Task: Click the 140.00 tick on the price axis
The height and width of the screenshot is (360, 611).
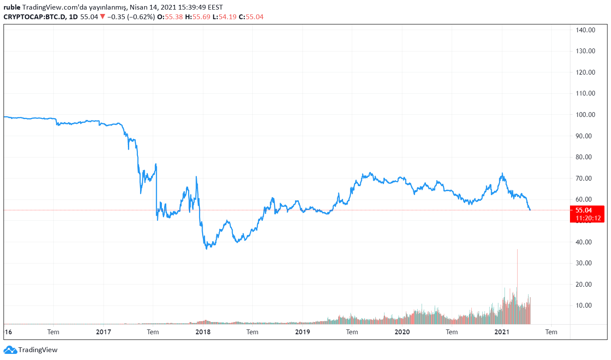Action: coord(585,30)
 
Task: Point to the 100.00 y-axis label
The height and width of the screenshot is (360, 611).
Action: coord(585,115)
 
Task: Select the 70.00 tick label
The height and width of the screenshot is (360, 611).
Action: coord(585,178)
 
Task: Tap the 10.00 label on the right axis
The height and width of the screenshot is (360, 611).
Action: coord(585,305)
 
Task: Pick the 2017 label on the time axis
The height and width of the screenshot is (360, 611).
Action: coord(103,332)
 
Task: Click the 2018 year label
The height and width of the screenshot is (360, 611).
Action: coord(203,332)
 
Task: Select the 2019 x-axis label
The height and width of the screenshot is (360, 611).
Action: coord(302,332)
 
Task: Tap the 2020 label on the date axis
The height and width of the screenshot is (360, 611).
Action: coord(402,332)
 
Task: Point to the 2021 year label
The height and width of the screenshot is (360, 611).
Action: coord(502,332)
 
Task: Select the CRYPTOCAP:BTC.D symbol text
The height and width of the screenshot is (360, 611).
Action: coord(34,17)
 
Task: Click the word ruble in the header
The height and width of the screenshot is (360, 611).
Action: coord(12,7)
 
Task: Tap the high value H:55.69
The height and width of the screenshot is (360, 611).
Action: coord(198,17)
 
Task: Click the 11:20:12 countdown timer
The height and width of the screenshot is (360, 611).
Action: coord(587,218)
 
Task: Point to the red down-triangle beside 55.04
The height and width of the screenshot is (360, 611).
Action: coord(103,17)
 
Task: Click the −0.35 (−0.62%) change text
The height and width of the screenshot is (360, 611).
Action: coord(131,17)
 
